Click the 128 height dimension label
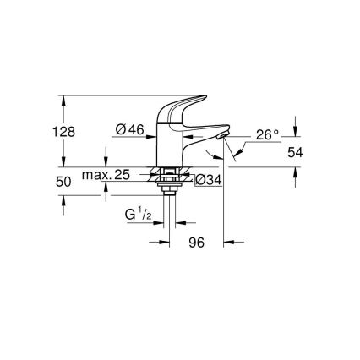click(x=63, y=132)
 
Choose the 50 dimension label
click(x=63, y=182)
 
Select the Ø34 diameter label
click(x=208, y=180)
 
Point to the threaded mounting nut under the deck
click(x=174, y=180)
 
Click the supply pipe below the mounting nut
click(x=174, y=211)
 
